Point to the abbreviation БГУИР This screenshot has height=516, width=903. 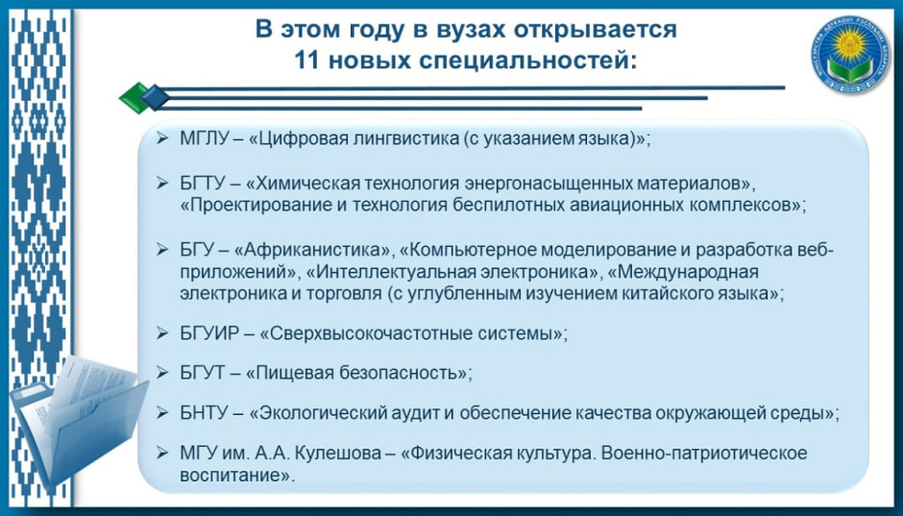tap(207, 333)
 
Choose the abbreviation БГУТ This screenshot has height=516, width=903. tap(202, 373)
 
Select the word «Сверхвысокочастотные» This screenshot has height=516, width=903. tap(366, 333)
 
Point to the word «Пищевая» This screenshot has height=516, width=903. tap(290, 373)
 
